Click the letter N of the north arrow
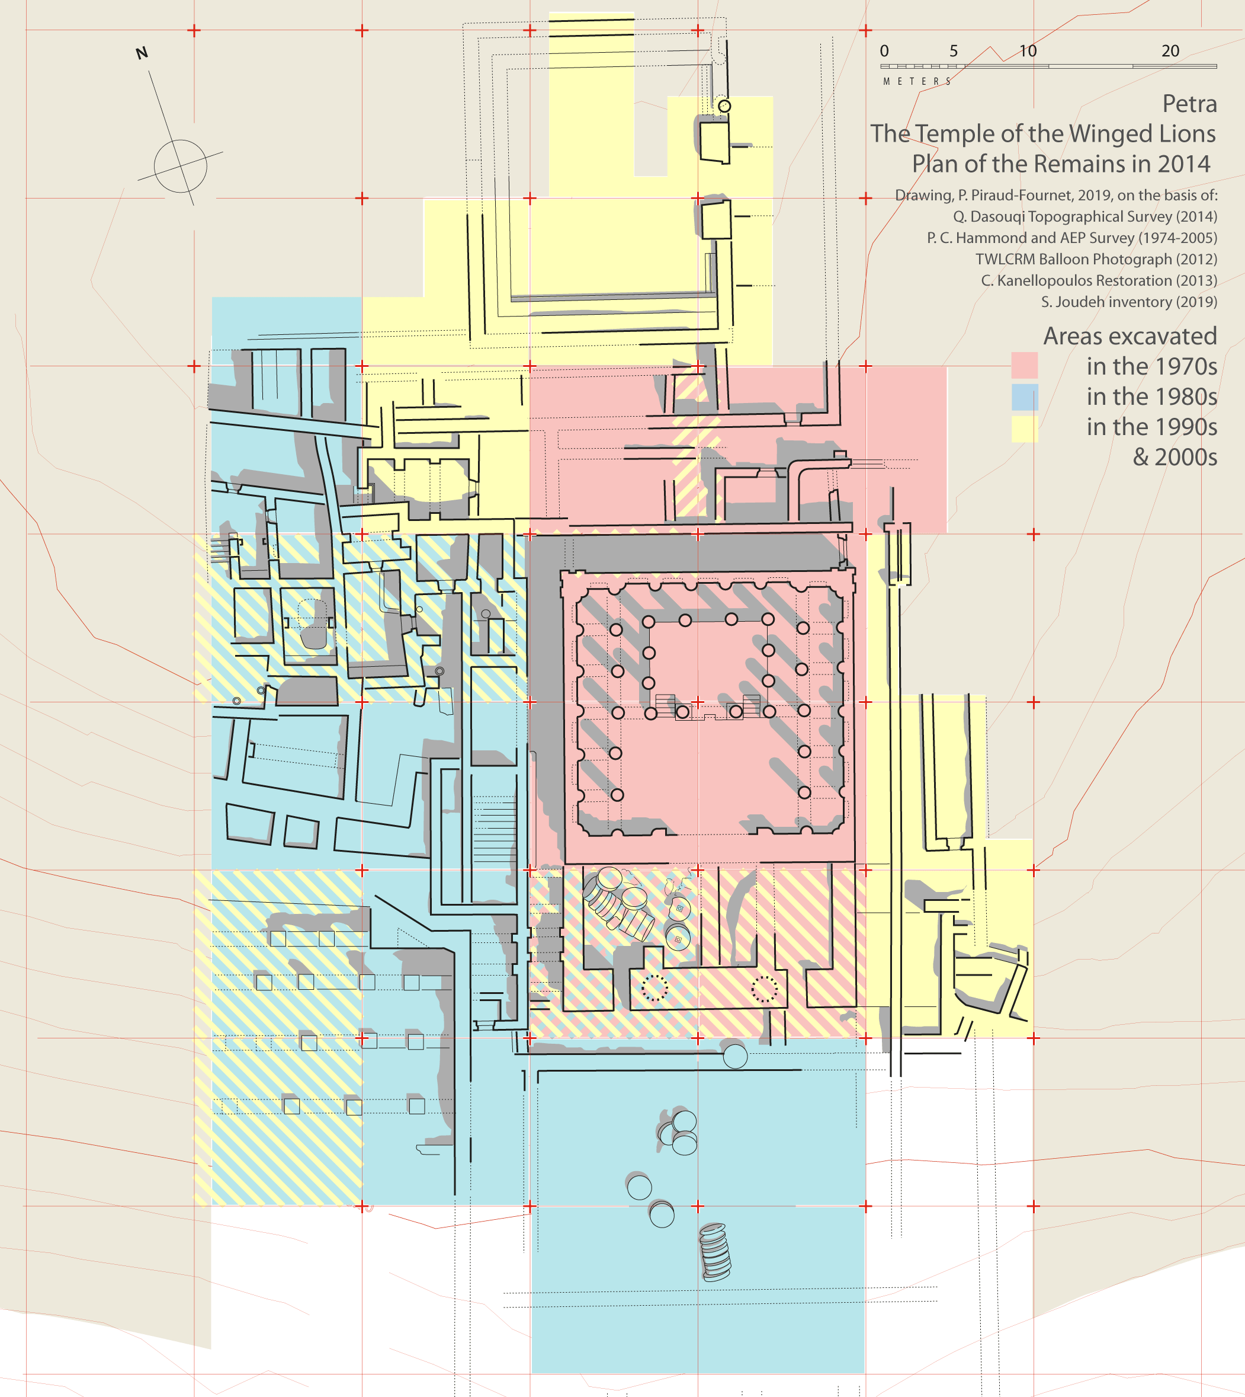pyautogui.click(x=142, y=53)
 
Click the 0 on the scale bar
pyautogui.click(x=884, y=50)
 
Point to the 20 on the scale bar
pyautogui.click(x=1170, y=50)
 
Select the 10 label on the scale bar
pyautogui.click(x=1028, y=50)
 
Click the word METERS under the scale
pyautogui.click(x=917, y=81)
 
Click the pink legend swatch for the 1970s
pyautogui.click(x=1024, y=366)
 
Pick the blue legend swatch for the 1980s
pyautogui.click(x=1024, y=397)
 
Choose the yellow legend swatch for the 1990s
pyautogui.click(x=1024, y=429)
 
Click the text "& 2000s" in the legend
pyautogui.click(x=1175, y=456)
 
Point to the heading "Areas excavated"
pyautogui.click(x=1130, y=336)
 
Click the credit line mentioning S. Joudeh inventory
pyautogui.click(x=1130, y=302)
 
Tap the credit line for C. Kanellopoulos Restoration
pyautogui.click(x=1099, y=280)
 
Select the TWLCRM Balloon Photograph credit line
pyautogui.click(x=1096, y=260)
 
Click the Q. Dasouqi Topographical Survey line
pyautogui.click(x=1086, y=217)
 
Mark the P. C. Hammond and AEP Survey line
pyautogui.click(x=1072, y=238)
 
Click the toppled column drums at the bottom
pyautogui.click(x=715, y=1252)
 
